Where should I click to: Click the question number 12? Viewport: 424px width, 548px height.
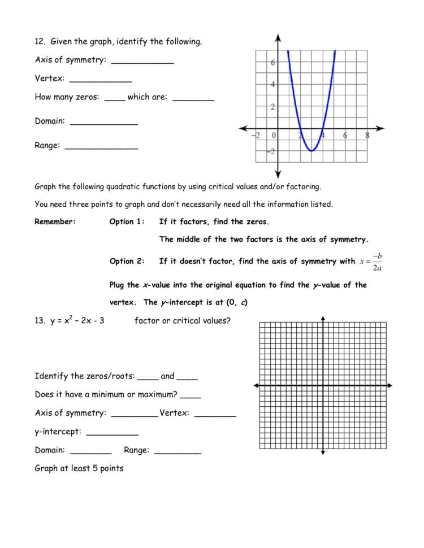click(x=40, y=42)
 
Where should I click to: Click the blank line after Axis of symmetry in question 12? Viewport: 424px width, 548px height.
click(x=142, y=63)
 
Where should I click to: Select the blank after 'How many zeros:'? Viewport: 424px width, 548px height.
click(x=115, y=100)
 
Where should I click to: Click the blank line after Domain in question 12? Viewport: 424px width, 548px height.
click(x=103, y=124)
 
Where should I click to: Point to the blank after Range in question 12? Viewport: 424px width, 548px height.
click(x=101, y=148)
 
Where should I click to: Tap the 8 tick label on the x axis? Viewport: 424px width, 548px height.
click(x=367, y=136)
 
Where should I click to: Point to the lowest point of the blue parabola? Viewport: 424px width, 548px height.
click(x=311, y=151)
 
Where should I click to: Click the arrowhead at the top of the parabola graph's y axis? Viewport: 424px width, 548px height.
click(x=278, y=37)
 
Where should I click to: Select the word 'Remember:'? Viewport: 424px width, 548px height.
click(x=55, y=222)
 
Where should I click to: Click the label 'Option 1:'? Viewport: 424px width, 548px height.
click(x=127, y=222)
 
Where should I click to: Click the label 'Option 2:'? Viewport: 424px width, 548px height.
click(x=127, y=261)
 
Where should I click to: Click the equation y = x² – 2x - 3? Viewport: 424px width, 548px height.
click(x=69, y=321)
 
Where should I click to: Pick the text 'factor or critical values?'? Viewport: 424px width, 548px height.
click(x=182, y=321)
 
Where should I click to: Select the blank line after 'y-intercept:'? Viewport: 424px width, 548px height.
click(x=112, y=434)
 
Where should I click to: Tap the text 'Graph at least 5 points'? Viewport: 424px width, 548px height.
click(x=79, y=468)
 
